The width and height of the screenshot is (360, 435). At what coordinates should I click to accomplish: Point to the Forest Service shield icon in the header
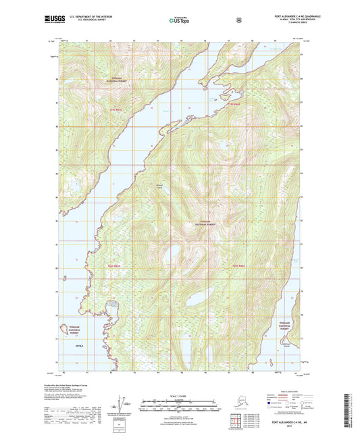coord(238,21)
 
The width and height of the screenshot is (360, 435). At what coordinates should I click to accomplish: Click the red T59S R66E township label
coord(116,109)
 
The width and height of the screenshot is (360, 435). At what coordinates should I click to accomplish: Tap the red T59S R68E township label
coord(233,104)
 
